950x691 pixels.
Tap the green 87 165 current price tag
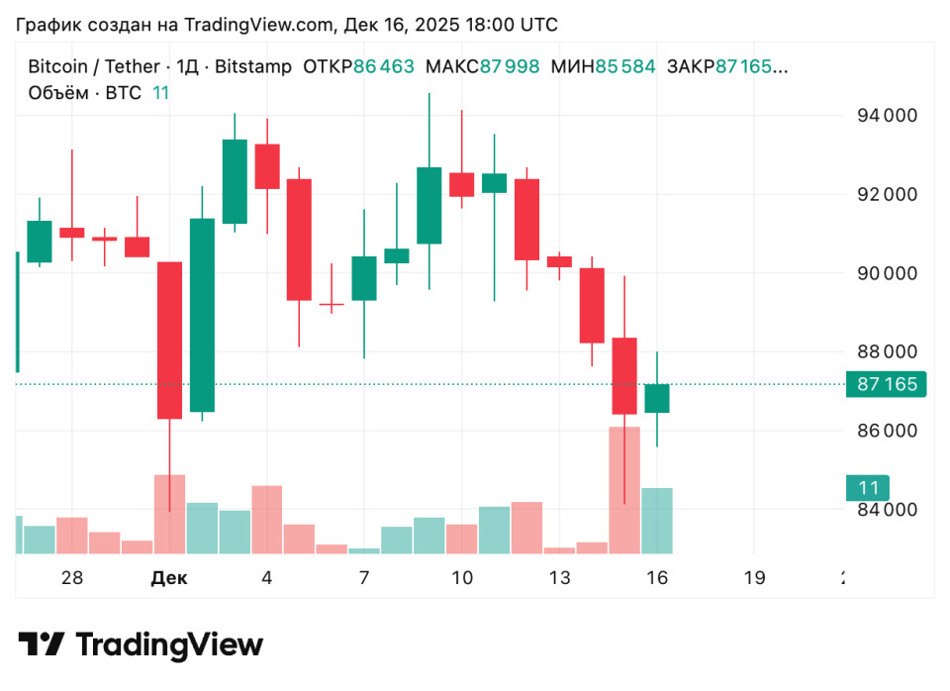tap(886, 384)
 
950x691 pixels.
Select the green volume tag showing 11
tap(868, 488)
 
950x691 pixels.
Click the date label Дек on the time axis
tap(168, 578)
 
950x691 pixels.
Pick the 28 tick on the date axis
tap(71, 578)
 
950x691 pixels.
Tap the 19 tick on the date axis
tap(754, 578)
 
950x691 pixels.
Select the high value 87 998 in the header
tap(510, 67)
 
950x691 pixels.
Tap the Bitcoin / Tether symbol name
tap(93, 67)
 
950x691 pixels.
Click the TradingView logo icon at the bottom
tap(43, 645)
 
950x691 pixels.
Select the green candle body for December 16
tap(656, 398)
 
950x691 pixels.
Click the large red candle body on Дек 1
tap(169, 340)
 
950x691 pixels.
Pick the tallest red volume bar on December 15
tap(623, 490)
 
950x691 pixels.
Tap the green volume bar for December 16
tap(656, 521)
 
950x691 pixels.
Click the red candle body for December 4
tap(267, 166)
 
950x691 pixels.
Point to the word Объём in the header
tap(59, 93)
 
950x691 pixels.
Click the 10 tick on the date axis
tap(461, 578)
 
